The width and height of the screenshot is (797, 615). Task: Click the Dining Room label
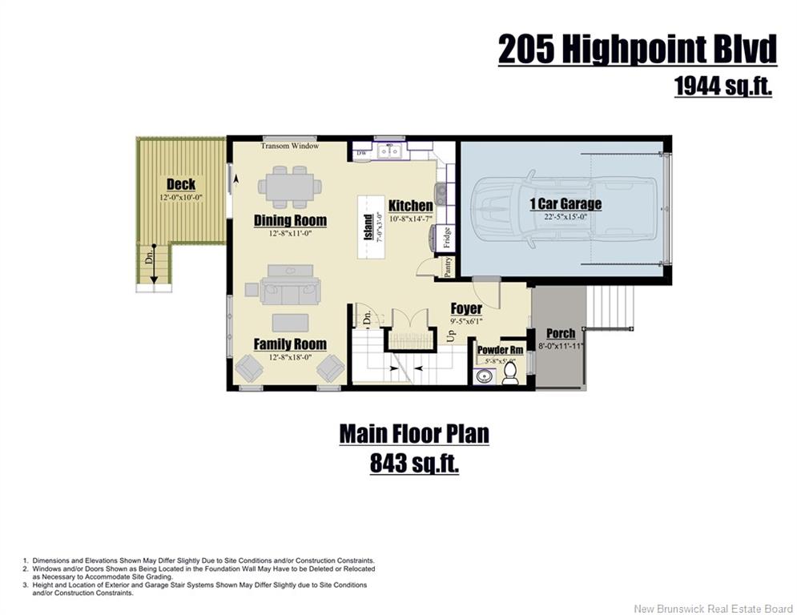tap(290, 220)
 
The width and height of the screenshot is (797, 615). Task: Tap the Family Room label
tap(290, 344)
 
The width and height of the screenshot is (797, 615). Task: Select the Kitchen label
tap(411, 205)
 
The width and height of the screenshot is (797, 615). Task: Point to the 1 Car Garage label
tap(566, 204)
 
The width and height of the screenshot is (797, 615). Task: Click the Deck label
tap(181, 184)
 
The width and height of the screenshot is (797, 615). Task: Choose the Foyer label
tap(466, 308)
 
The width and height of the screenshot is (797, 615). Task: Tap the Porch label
tap(561, 333)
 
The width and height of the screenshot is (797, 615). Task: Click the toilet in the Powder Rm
tap(509, 374)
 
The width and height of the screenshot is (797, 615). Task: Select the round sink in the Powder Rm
tap(484, 376)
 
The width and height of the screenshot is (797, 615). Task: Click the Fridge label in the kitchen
tap(447, 237)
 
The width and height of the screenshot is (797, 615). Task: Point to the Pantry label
tap(448, 267)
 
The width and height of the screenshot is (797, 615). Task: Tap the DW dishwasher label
tap(361, 153)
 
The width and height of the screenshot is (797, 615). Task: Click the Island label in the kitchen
tap(368, 227)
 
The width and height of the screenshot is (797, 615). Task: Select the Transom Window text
tap(290, 146)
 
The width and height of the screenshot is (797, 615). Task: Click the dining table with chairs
tap(290, 187)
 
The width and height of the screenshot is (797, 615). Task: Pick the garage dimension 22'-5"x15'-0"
tap(566, 216)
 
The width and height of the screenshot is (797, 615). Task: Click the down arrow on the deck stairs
tap(153, 266)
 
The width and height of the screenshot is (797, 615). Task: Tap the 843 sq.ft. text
tap(414, 463)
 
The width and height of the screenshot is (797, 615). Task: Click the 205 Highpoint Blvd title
tap(638, 50)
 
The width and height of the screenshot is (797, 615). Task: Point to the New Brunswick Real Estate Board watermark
tap(713, 609)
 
